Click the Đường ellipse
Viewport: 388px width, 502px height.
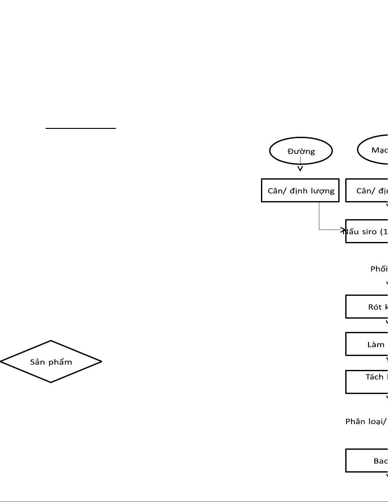click(x=301, y=151)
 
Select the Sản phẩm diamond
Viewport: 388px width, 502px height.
click(x=51, y=361)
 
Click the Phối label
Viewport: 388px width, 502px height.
click(x=379, y=269)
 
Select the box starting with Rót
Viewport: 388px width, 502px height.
click(x=367, y=307)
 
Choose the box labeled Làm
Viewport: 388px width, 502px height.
click(x=367, y=344)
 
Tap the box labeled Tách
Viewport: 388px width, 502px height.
click(x=367, y=382)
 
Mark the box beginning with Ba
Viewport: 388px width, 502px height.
click(x=367, y=461)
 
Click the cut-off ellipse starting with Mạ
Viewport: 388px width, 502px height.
click(x=374, y=150)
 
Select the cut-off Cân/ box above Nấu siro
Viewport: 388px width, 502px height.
click(x=367, y=191)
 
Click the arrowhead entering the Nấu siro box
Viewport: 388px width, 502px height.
click(x=343, y=230)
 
